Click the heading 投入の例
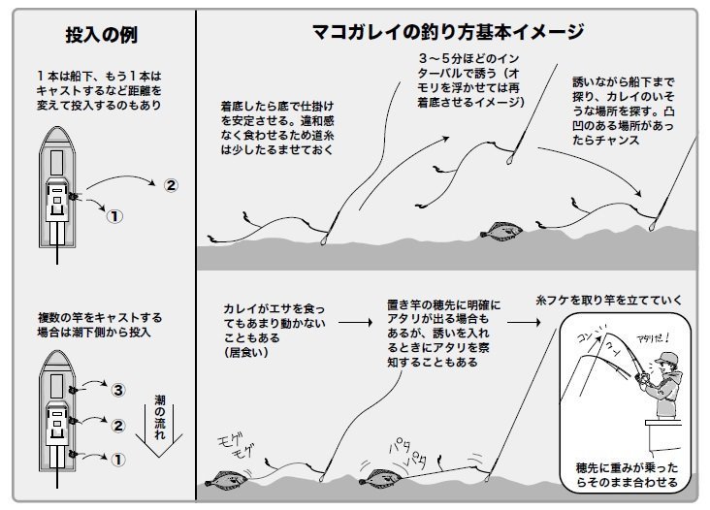102,35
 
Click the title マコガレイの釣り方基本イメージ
448,32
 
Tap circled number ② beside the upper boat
171,185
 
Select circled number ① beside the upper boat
114,216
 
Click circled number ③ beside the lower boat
117,390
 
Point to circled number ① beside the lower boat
117,460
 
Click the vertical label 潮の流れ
160,417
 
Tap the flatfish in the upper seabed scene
501,231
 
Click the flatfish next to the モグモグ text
226,480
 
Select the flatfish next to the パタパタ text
380,478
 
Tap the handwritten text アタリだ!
653,338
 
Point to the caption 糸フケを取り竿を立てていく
608,300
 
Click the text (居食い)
246,352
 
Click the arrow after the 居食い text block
355,322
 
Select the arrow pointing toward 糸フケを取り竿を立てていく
524,322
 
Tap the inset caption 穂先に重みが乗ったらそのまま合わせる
628,475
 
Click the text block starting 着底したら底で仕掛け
277,128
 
